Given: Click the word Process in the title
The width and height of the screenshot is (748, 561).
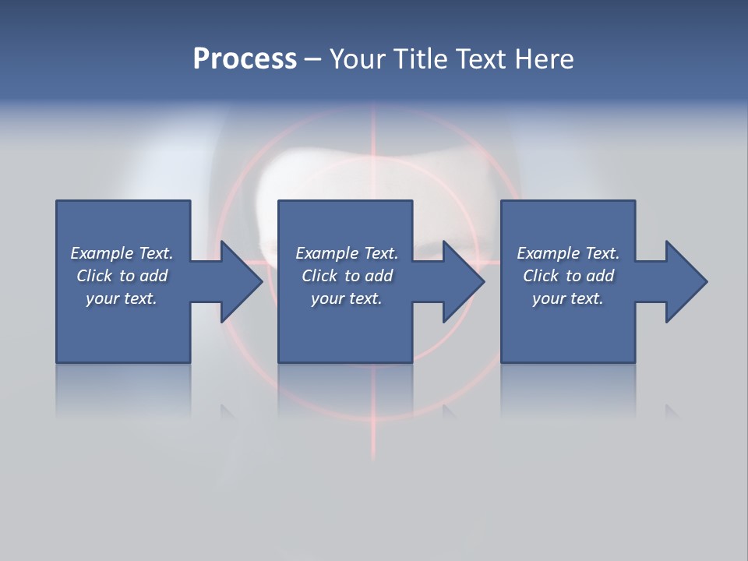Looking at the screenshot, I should [245, 59].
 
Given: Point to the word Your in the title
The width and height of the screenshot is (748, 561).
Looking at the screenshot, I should [358, 59].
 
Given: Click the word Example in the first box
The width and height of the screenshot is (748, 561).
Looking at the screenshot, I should [102, 253].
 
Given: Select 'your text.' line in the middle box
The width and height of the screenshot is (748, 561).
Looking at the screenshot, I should [346, 298].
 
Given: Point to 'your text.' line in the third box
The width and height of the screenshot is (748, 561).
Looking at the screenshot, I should [567, 298].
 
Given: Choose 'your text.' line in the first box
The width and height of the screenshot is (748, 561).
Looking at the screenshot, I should [122, 298].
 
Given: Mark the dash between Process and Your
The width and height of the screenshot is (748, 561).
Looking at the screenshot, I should [313, 59].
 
